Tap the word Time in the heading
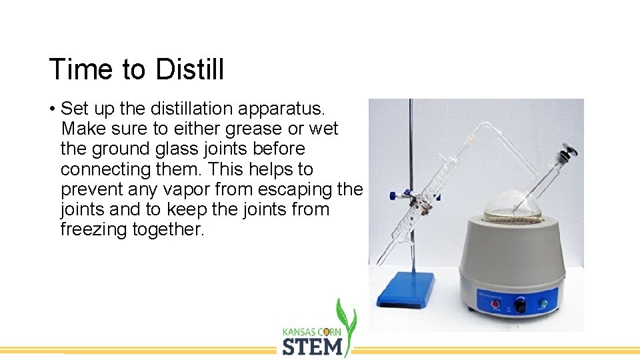(75, 69)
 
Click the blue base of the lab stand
(405, 292)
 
